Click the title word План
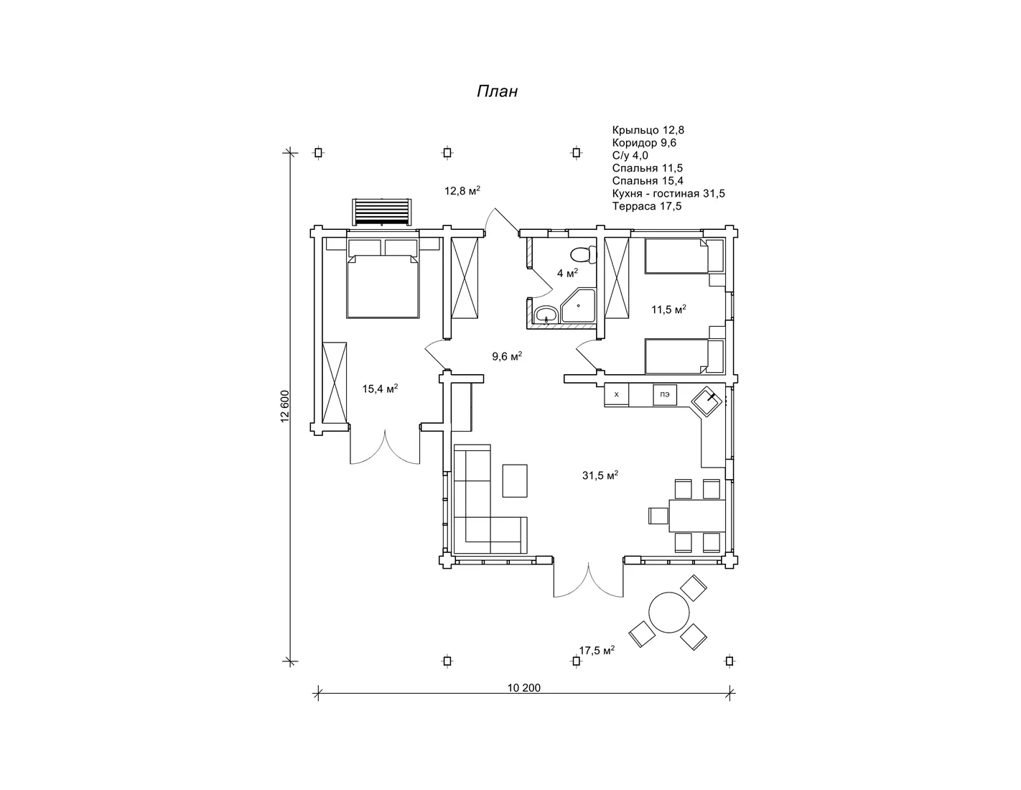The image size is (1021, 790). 497,91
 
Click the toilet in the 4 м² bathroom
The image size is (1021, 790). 582,255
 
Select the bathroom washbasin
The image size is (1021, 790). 546,315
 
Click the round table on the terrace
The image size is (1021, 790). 668,613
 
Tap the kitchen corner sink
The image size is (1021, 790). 707,401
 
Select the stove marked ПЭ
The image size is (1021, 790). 664,394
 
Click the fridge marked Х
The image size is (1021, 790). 617,394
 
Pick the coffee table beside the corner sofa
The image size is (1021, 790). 515,480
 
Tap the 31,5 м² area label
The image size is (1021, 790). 600,475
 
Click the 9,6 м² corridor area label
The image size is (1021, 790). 507,356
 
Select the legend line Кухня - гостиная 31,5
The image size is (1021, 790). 668,193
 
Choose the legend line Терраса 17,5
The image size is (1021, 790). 646,206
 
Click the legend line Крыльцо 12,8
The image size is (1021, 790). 648,130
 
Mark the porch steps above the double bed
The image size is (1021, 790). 382,212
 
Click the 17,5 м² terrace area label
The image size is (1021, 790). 597,651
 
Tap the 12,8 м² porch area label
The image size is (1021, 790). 462,190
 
